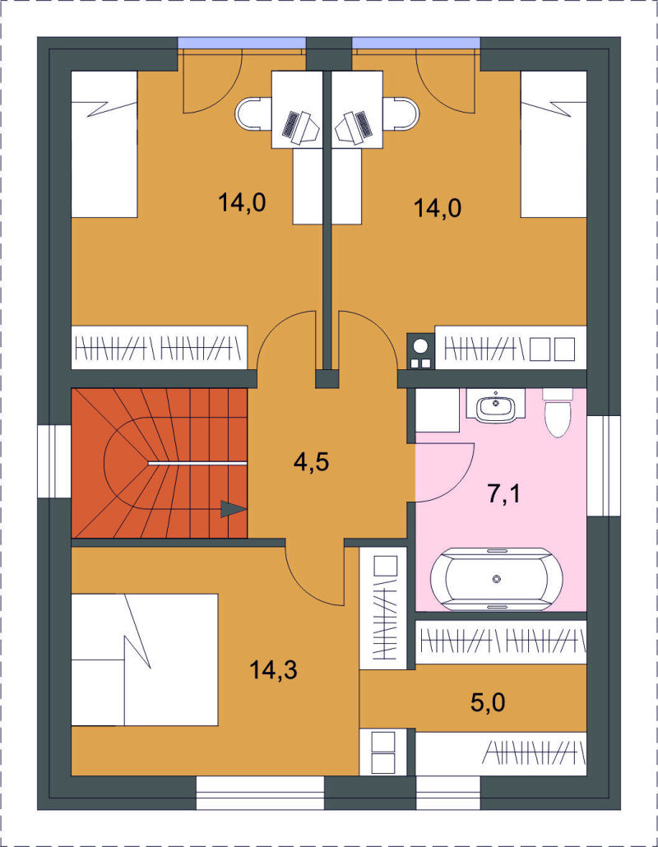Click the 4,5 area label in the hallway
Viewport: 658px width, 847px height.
(x=311, y=462)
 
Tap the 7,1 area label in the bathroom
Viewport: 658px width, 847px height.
(x=504, y=493)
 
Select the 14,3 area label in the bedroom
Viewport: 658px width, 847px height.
(x=273, y=670)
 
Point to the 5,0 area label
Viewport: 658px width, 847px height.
(x=488, y=703)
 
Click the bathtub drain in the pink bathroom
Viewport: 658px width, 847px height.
(x=497, y=579)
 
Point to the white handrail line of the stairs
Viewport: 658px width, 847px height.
(x=197, y=464)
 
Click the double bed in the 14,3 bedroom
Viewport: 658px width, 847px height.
(x=145, y=660)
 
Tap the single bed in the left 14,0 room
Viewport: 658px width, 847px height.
(x=104, y=144)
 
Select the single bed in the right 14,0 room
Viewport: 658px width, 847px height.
(x=554, y=144)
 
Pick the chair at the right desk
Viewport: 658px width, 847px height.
(x=401, y=114)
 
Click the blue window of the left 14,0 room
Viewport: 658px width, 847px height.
(x=242, y=44)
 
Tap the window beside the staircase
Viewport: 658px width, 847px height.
(x=54, y=462)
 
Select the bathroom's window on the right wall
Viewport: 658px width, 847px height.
(x=604, y=465)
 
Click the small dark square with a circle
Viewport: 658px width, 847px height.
(x=420, y=351)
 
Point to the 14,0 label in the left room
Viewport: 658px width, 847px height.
(x=242, y=202)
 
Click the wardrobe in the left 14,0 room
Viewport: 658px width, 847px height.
(x=160, y=347)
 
